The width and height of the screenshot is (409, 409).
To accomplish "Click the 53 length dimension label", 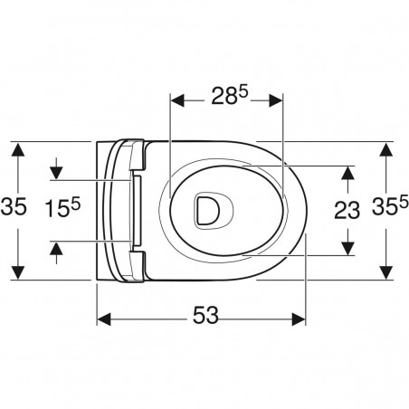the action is pyautogui.click(x=205, y=315).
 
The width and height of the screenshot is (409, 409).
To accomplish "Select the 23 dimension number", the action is pyautogui.click(x=347, y=210).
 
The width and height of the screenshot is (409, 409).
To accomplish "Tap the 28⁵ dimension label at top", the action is pyautogui.click(x=229, y=95).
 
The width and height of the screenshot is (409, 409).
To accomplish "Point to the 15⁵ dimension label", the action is pyautogui.click(x=62, y=208).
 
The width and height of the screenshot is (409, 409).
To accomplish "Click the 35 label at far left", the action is pyautogui.click(x=14, y=207).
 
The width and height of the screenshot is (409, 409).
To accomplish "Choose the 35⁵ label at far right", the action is pyautogui.click(x=390, y=205).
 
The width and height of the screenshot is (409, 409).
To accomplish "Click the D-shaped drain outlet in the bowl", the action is pyautogui.click(x=207, y=210).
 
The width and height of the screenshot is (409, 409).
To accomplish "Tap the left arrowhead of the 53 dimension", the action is pyautogui.click(x=104, y=319).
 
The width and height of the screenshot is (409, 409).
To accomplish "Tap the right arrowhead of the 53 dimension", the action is pyautogui.click(x=299, y=319).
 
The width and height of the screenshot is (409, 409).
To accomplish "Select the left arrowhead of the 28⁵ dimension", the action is pyautogui.click(x=177, y=100).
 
